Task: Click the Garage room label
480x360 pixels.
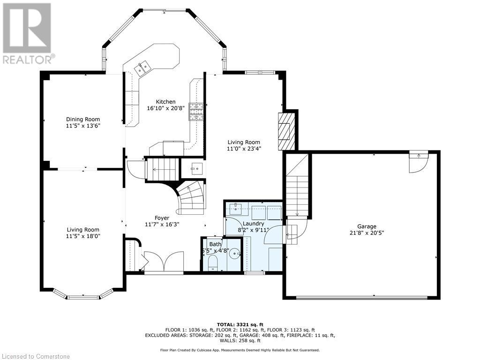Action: click(367, 226)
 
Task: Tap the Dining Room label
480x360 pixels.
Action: click(83, 120)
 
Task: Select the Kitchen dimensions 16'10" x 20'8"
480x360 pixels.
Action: click(165, 108)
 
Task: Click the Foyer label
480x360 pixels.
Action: click(162, 218)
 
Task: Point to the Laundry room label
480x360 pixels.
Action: click(253, 224)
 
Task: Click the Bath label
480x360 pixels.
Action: click(216, 244)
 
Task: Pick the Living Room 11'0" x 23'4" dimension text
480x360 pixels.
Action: click(244, 149)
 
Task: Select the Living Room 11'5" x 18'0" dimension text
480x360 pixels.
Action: click(83, 236)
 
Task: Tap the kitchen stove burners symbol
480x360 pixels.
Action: click(196, 112)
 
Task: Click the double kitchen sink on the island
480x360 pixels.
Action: click(142, 68)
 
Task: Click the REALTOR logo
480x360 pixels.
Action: click(27, 33)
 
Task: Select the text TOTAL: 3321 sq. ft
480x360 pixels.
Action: click(240, 324)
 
